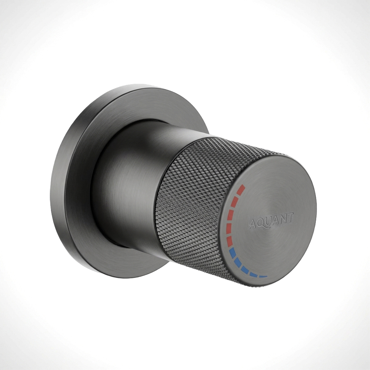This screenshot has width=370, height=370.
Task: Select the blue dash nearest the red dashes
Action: [232, 253]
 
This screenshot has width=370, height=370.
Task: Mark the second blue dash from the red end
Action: [238, 263]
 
